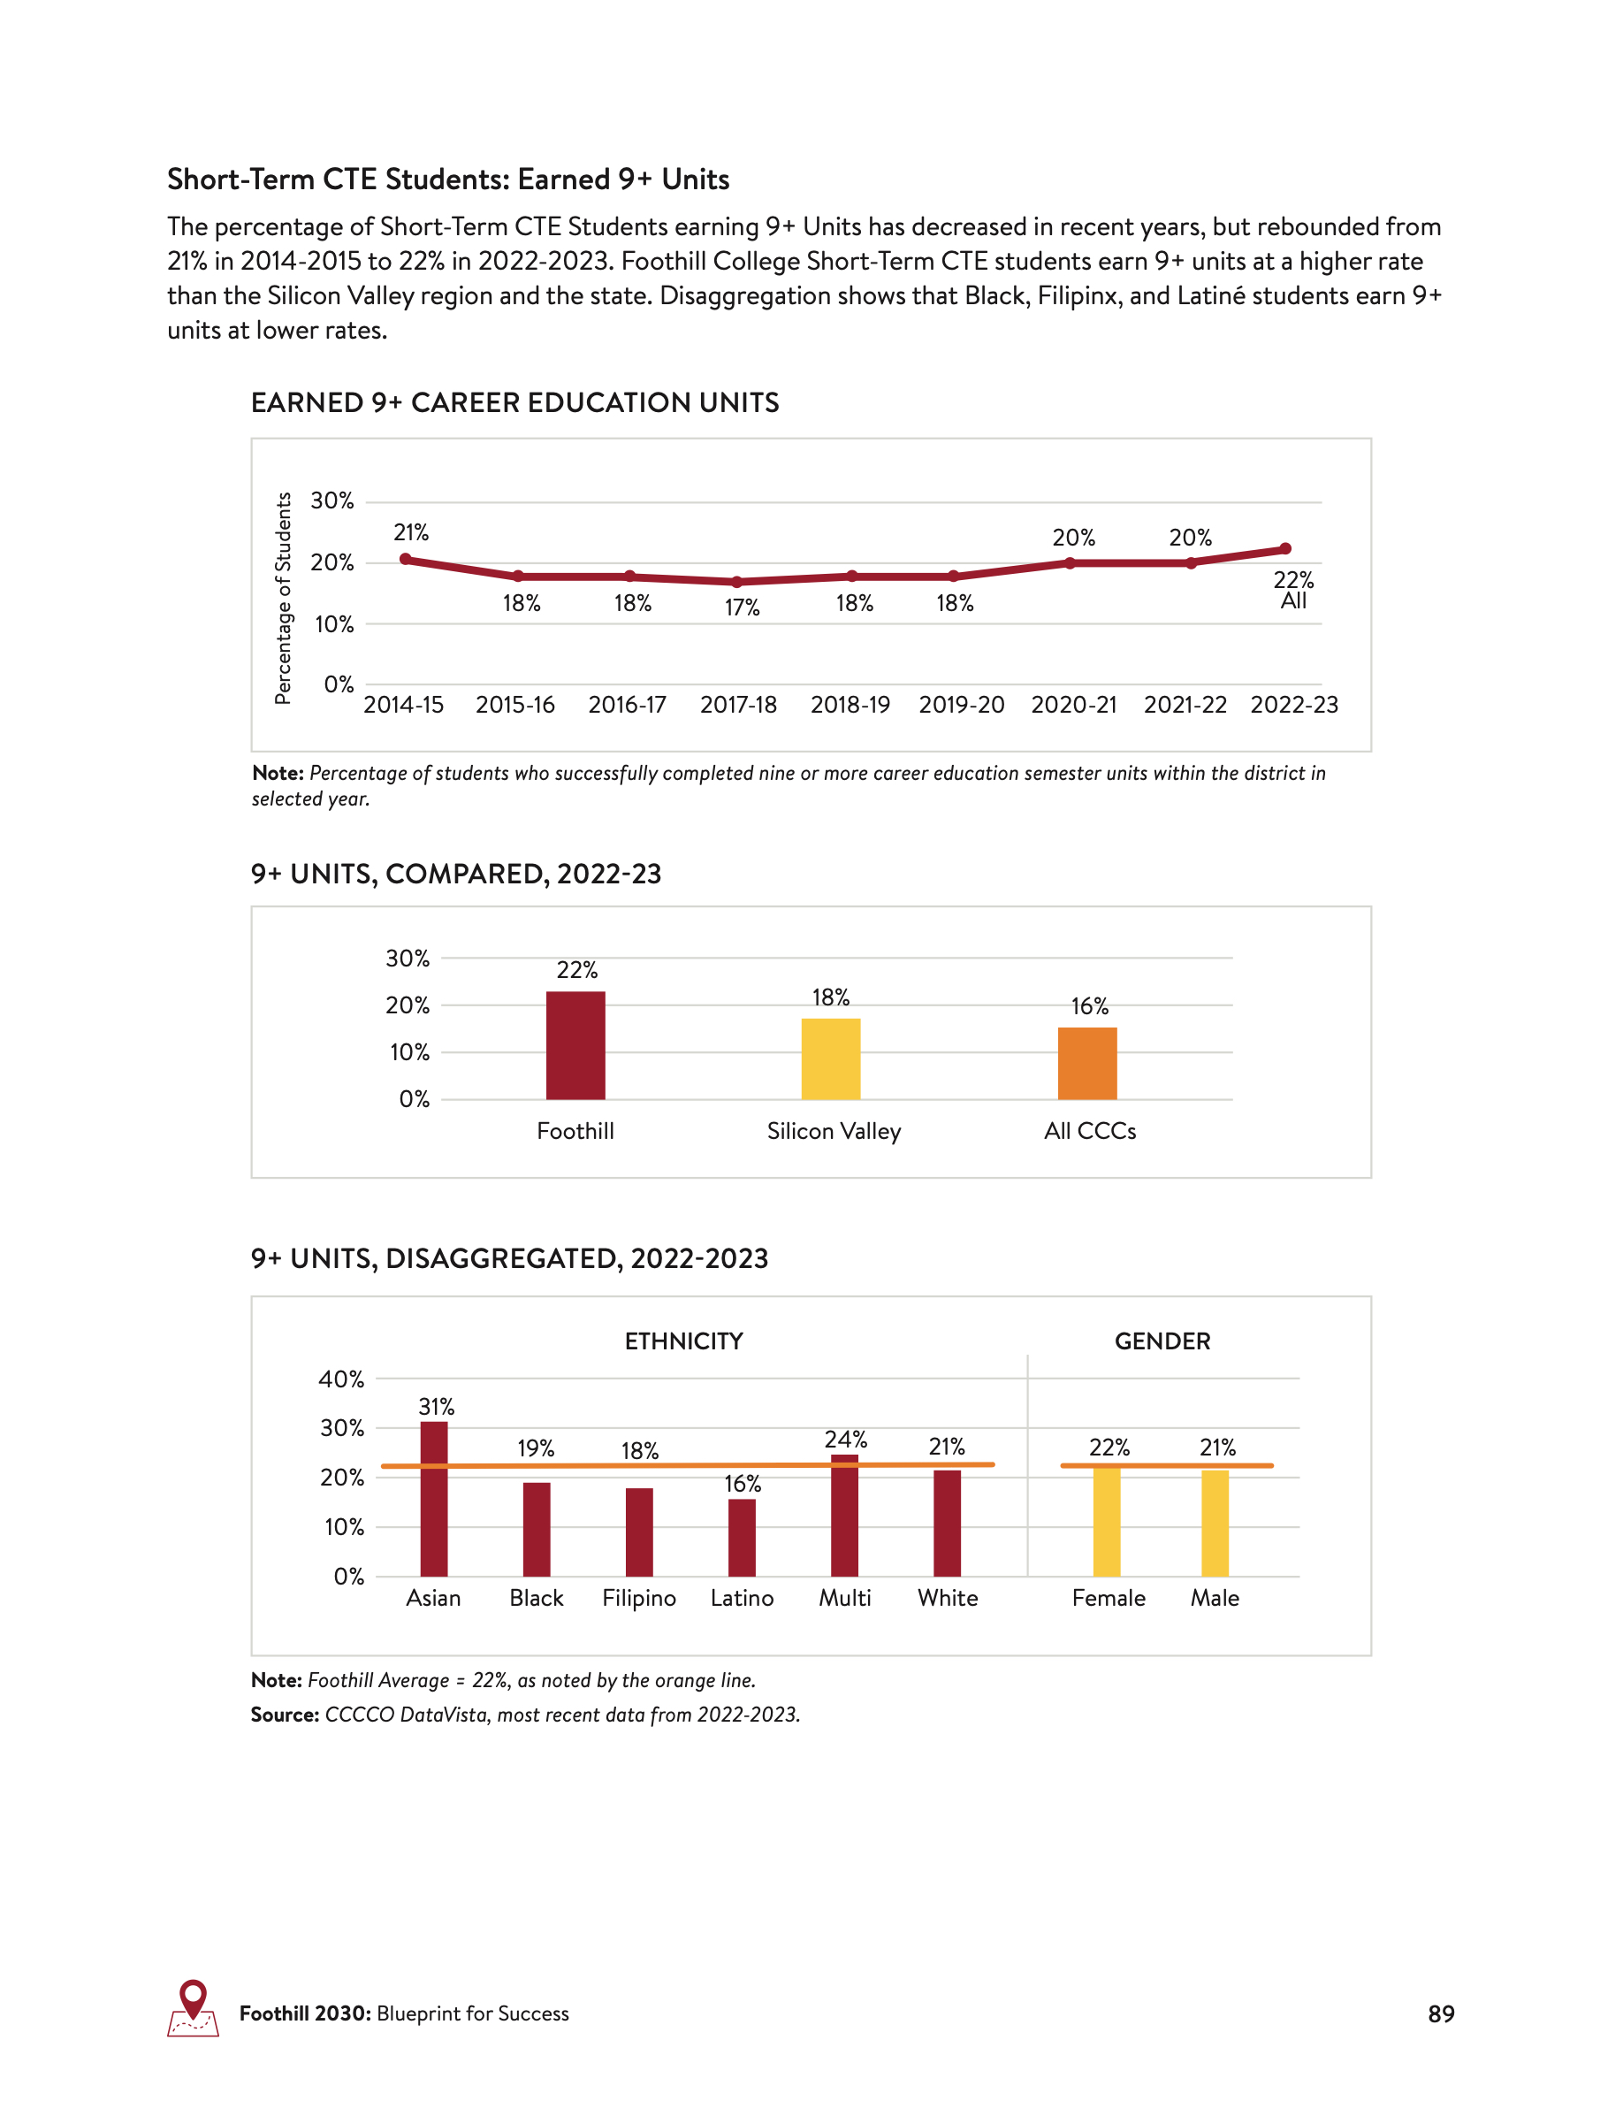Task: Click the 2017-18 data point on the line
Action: (x=737, y=582)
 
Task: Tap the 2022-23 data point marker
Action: (x=1284, y=549)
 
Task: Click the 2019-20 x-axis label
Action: (x=962, y=705)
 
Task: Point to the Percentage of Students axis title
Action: (x=283, y=599)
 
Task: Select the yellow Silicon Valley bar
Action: (x=831, y=1059)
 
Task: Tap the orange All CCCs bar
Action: (x=1086, y=1064)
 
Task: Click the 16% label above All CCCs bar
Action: (x=1089, y=1006)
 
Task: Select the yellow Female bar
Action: (x=1107, y=1522)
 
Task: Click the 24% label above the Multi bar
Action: (x=845, y=1440)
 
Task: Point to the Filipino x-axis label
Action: (x=639, y=1598)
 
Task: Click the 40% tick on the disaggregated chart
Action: (x=341, y=1379)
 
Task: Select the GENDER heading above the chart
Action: (x=1162, y=1341)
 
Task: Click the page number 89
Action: (x=1440, y=2013)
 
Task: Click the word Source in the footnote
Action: (x=285, y=1715)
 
